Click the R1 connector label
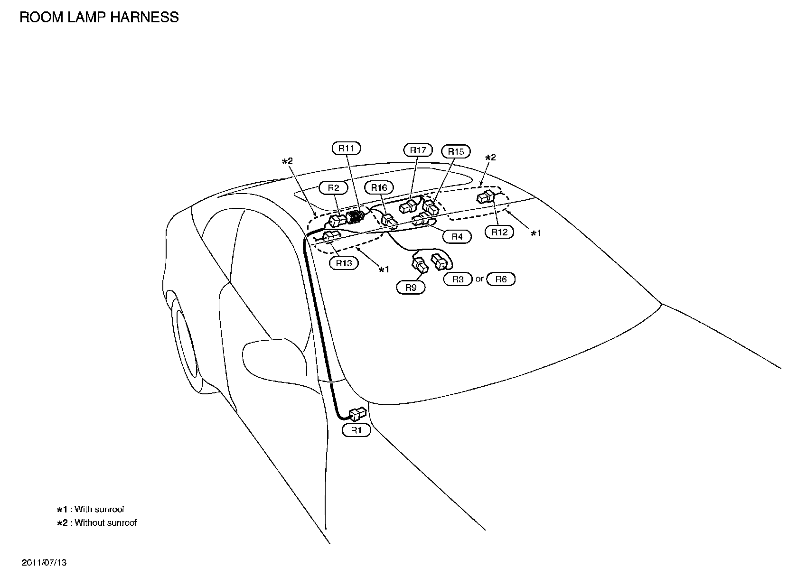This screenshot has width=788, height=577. pyautogui.click(x=356, y=430)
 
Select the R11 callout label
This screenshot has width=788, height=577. pyautogui.click(x=346, y=149)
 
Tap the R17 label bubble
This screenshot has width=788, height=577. pyautogui.click(x=418, y=150)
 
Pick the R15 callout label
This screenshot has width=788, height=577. pyautogui.click(x=456, y=151)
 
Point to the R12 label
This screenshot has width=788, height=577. pyautogui.click(x=499, y=232)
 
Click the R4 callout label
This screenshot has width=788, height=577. pyautogui.click(x=457, y=236)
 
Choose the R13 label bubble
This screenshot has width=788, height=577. pyautogui.click(x=344, y=263)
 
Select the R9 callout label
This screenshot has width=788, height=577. pyautogui.click(x=411, y=287)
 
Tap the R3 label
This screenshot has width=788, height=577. pyautogui.click(x=458, y=279)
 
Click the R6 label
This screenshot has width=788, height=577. pyautogui.click(x=501, y=279)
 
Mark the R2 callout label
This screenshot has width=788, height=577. pyautogui.click(x=334, y=188)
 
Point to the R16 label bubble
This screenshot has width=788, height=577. pyautogui.click(x=379, y=188)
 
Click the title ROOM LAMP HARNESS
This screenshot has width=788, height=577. pyautogui.click(x=99, y=17)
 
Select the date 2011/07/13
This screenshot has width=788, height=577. pyautogui.click(x=44, y=563)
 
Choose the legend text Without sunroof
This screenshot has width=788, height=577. pyautogui.click(x=105, y=522)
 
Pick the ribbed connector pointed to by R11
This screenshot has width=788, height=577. pyautogui.click(x=356, y=217)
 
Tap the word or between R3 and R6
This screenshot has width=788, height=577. pyautogui.click(x=479, y=279)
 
